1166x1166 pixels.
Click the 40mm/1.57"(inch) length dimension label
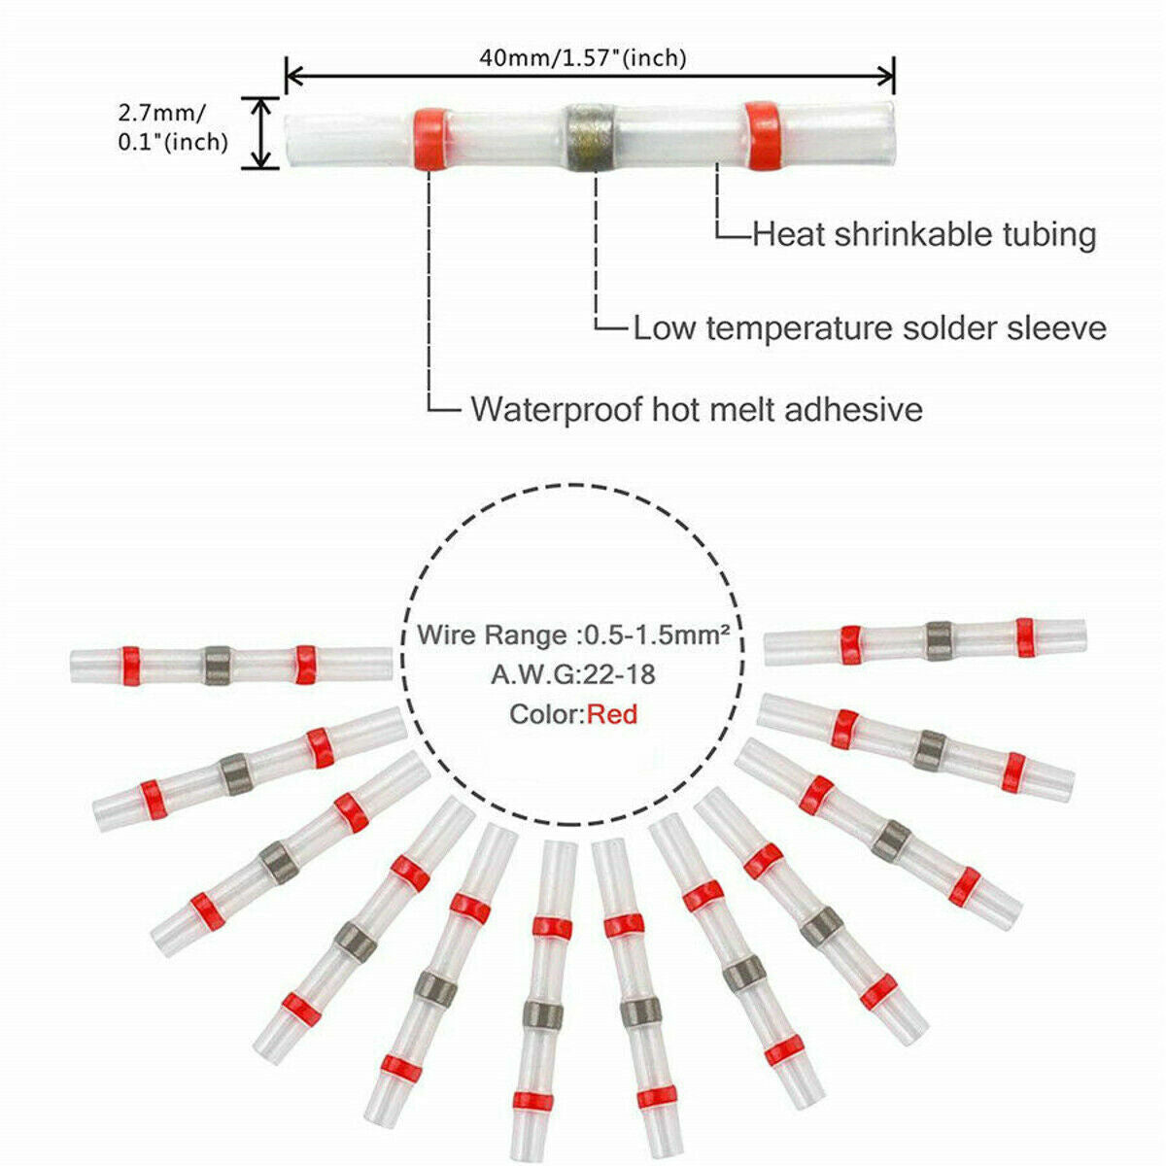pos(582,58)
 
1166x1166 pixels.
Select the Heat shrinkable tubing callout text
pos(924,234)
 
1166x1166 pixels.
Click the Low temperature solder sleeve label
pos(870,327)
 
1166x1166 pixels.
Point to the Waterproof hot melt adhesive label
pos(697,408)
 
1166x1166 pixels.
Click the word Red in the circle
pos(612,715)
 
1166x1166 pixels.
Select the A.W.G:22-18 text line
pos(572,674)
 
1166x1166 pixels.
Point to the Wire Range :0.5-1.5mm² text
pos(574,635)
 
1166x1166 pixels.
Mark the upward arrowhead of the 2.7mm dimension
pos(260,104)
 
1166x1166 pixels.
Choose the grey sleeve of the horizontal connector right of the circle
pos(937,639)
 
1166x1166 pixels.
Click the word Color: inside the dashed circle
pos(547,716)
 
